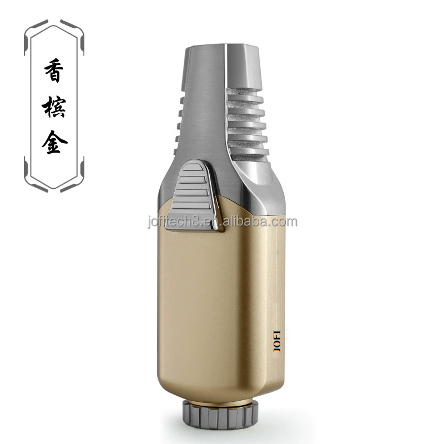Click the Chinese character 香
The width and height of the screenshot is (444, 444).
click(x=54, y=70)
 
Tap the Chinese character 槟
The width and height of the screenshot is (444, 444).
click(x=54, y=107)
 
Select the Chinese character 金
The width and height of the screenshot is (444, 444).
click(x=54, y=142)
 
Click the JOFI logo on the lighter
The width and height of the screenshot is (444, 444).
click(x=277, y=341)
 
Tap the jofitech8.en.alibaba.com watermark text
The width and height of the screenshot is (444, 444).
click(x=223, y=221)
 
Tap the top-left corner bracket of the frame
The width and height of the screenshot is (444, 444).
click(x=36, y=32)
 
